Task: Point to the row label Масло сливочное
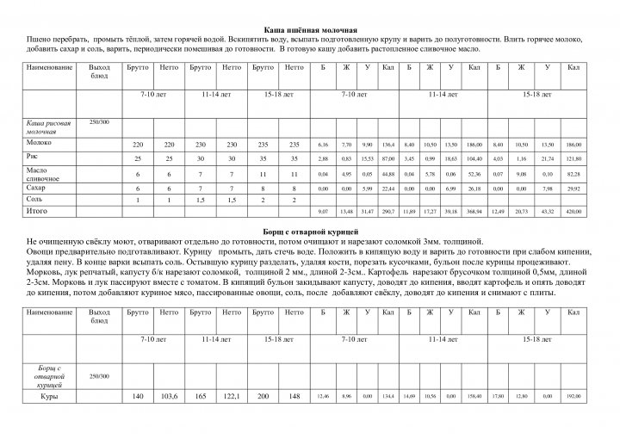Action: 44,175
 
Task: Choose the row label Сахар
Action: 37,187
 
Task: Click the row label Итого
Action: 37,209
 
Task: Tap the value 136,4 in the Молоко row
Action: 387,144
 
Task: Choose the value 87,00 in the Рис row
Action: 387,159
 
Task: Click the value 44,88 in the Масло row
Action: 387,175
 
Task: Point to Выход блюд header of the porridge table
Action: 100,71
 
